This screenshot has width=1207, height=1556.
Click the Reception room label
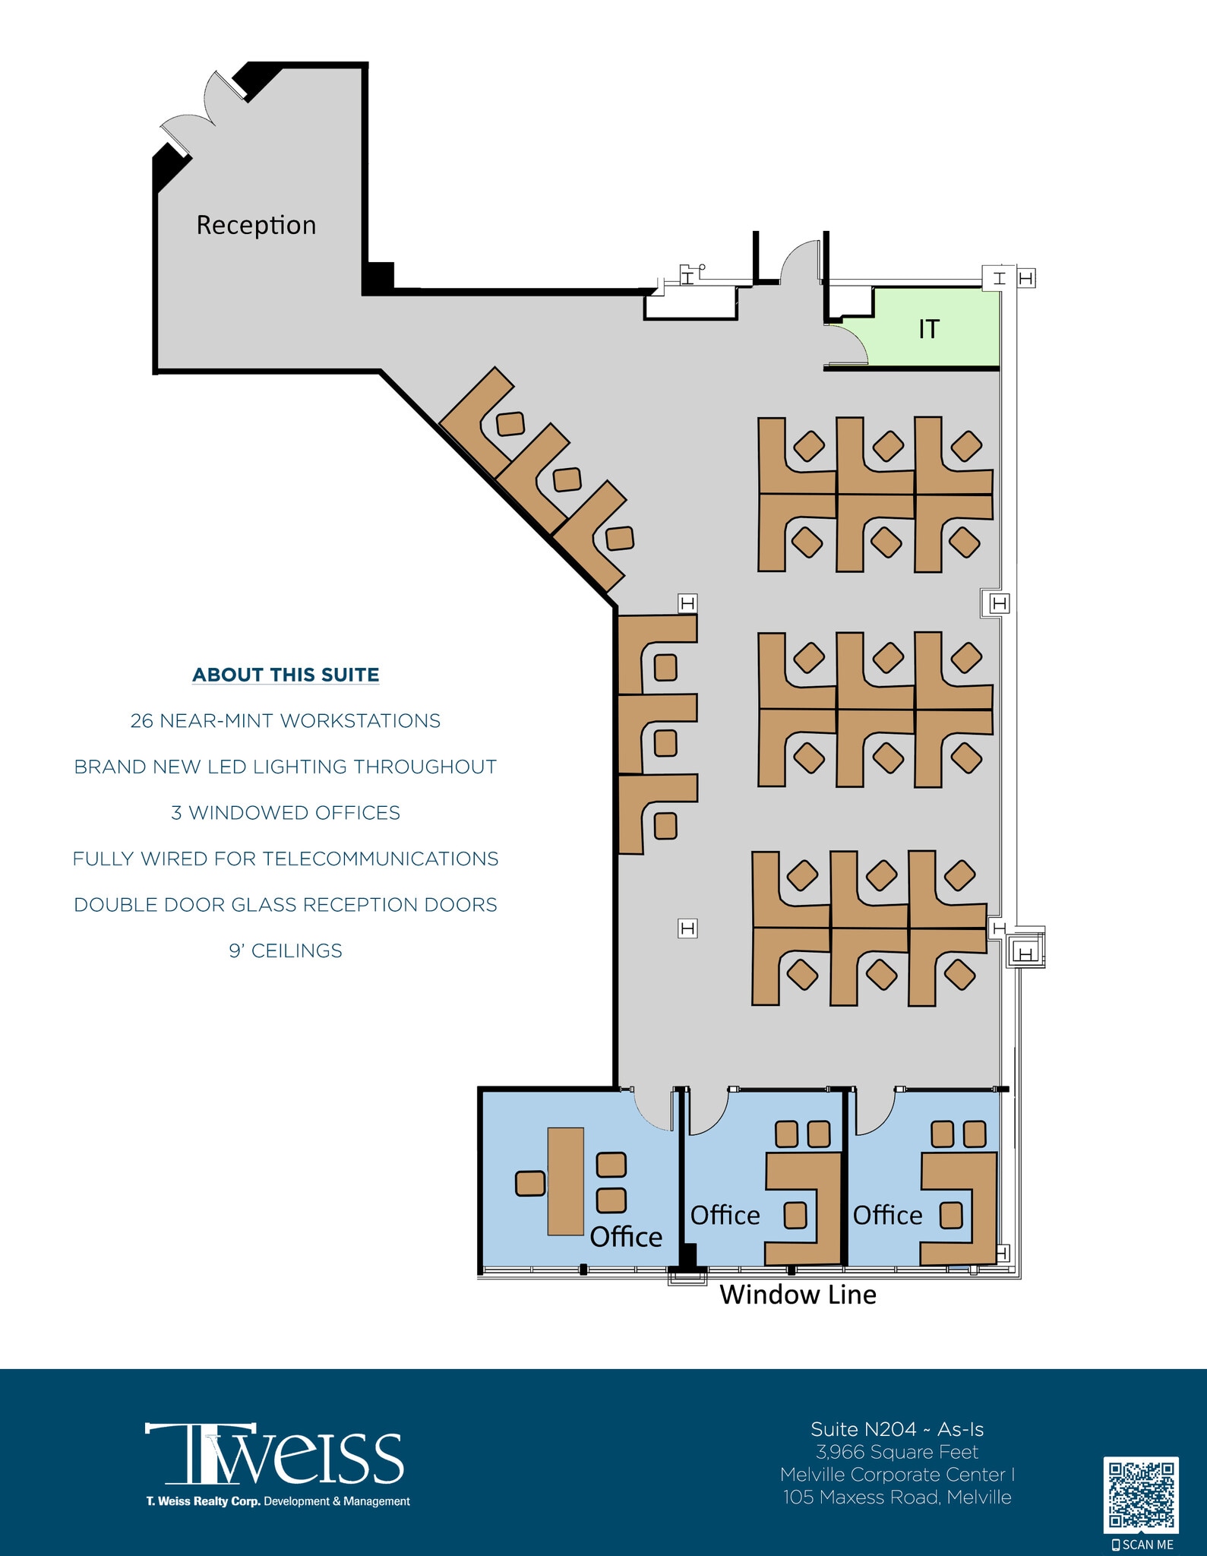(x=256, y=226)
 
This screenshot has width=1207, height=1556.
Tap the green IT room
(x=928, y=328)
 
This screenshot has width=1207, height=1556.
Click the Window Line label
(x=798, y=1295)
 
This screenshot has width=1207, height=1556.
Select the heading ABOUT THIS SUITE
(x=286, y=675)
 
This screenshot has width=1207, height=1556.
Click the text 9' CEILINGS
(x=286, y=950)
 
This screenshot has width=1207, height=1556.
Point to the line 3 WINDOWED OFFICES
(x=286, y=813)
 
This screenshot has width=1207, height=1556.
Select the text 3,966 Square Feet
(x=897, y=1452)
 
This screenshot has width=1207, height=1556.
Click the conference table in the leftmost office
(x=566, y=1181)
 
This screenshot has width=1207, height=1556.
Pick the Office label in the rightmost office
(x=887, y=1216)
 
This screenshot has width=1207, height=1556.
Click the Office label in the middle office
(x=725, y=1216)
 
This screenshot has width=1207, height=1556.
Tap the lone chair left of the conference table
(x=530, y=1183)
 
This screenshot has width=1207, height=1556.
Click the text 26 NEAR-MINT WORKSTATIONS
(x=286, y=721)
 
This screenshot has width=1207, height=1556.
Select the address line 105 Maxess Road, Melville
(x=897, y=1497)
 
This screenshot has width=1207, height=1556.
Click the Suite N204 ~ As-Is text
(x=897, y=1429)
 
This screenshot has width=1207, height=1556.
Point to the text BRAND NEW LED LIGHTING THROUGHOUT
(x=286, y=767)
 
